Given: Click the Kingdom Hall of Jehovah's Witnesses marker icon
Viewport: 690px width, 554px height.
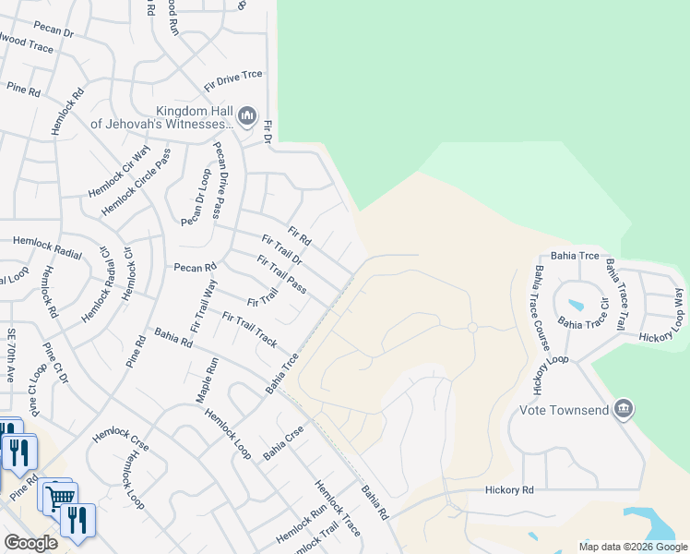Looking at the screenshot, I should [246, 115].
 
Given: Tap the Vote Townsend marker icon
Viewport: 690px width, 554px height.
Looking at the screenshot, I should [624, 408].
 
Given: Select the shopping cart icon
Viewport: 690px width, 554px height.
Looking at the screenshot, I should [60, 497].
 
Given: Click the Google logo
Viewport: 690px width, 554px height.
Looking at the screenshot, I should [30, 543].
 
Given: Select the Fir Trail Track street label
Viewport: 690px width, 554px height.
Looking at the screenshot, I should [249, 329].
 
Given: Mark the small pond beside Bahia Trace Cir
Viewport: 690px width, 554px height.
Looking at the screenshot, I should [576, 305].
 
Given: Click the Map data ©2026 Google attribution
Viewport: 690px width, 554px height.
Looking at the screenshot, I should [633, 547].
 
